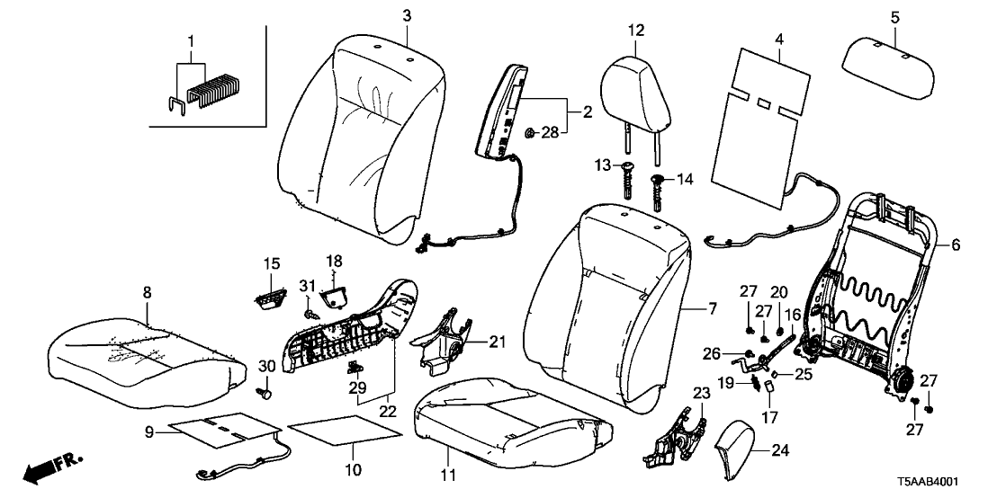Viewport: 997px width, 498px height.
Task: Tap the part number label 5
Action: point(894,16)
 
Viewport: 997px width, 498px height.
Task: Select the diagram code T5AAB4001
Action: point(944,482)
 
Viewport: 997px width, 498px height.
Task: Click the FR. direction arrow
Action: point(50,467)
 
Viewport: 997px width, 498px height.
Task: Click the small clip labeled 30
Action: point(265,393)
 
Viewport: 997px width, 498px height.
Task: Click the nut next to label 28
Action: point(530,134)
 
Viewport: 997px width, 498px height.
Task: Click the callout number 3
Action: point(407,16)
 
